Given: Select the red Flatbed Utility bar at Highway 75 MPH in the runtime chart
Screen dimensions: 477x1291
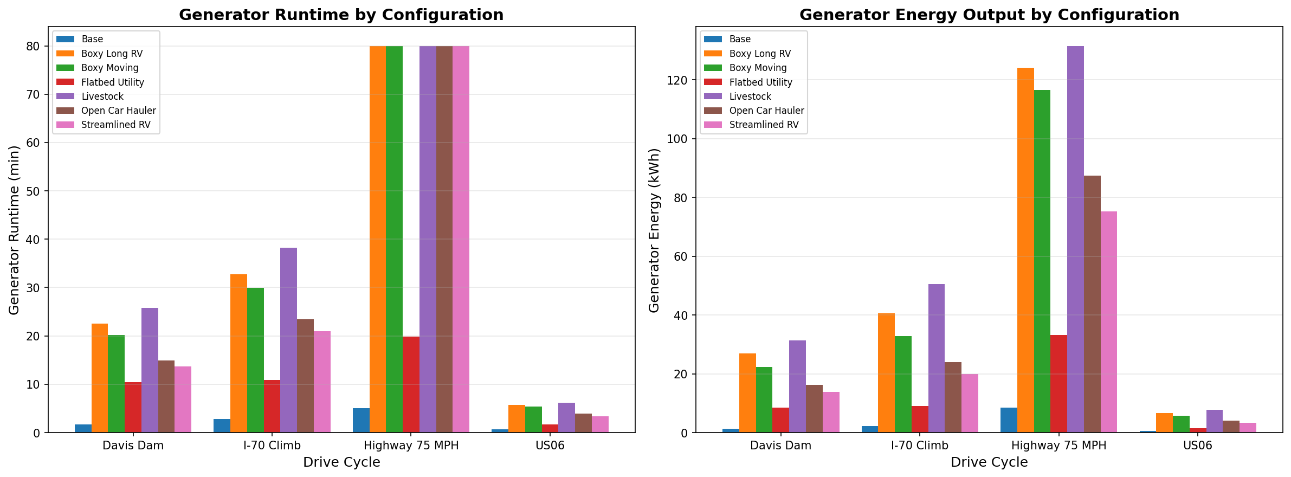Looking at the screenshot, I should point(411,384).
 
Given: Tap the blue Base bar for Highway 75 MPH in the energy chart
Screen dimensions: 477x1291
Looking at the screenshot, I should point(1009,420).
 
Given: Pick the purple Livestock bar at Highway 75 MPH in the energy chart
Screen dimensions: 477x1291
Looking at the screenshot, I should point(1075,239).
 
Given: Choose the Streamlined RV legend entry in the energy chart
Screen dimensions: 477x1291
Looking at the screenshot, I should point(764,125).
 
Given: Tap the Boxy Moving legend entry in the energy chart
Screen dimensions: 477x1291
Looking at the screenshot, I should point(758,68).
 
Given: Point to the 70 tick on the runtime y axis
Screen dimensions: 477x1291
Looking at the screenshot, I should point(33,94).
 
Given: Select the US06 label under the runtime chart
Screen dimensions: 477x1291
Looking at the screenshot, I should point(550,446).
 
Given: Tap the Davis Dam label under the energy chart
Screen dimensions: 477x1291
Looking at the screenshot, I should point(780,446).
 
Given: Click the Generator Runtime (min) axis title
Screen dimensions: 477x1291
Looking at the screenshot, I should point(14,230).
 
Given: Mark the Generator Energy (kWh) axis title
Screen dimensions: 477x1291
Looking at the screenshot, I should point(654,230).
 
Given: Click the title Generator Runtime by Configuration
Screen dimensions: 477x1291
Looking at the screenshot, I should point(341,15).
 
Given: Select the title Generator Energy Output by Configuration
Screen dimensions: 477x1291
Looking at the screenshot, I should point(989,15).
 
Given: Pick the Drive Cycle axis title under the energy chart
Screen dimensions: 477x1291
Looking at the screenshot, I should point(989,462).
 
